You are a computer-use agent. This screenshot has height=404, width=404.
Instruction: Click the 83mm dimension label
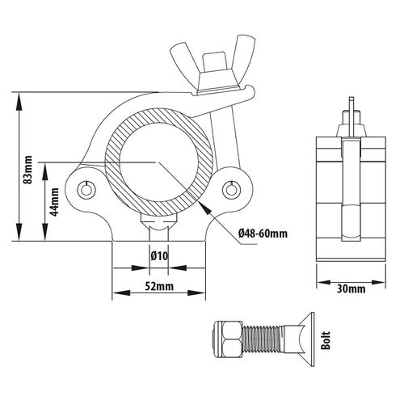tap(27, 170)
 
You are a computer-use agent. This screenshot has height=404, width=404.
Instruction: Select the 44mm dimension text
tap(55, 202)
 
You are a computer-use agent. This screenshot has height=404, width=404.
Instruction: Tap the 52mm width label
tap(159, 286)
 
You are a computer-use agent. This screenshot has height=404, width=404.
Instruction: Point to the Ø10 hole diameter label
tap(159, 256)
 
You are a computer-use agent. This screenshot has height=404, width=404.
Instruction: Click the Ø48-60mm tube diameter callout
tap(263, 234)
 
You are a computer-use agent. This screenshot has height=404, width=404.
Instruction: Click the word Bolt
tap(326, 340)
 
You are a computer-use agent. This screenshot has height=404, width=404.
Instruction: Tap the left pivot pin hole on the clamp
tap(86, 190)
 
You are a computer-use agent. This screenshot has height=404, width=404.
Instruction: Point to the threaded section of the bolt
tap(263, 339)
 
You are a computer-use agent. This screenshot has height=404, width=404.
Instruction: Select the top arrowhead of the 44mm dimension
tap(45, 170)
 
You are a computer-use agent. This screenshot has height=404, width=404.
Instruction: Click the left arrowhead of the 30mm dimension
tap(324, 283)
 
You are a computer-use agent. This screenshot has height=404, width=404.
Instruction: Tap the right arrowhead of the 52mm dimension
tap(196, 292)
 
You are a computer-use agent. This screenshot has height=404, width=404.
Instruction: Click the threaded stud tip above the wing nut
tap(214, 61)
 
